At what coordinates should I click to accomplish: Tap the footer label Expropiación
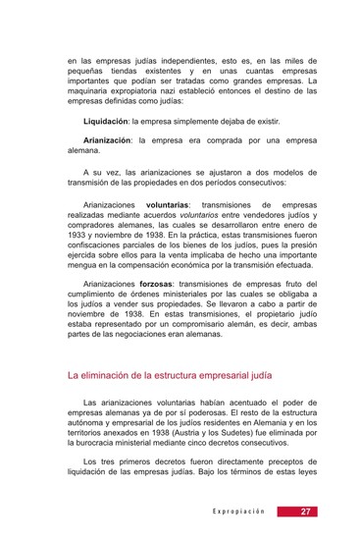point(239,512)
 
